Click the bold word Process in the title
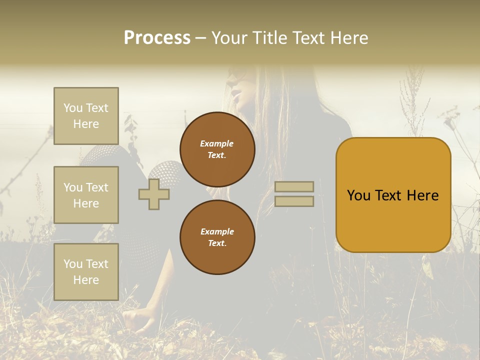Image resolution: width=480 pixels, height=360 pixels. pyautogui.click(x=157, y=37)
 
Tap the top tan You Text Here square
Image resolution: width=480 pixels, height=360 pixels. pyautogui.click(x=86, y=115)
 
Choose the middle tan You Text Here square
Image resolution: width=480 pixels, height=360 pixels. pyautogui.click(x=86, y=195)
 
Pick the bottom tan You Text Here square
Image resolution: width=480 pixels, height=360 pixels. pyautogui.click(x=86, y=272)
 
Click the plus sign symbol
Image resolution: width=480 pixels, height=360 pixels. pyautogui.click(x=154, y=194)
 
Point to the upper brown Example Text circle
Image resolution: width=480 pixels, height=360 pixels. pyautogui.click(x=217, y=149)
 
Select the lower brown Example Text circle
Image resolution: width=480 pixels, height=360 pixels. pyautogui.click(x=217, y=237)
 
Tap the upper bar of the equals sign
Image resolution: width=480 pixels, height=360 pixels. pyautogui.click(x=294, y=186)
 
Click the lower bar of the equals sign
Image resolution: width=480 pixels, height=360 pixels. pyautogui.click(x=294, y=201)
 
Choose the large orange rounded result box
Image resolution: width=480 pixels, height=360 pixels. pyautogui.click(x=393, y=195)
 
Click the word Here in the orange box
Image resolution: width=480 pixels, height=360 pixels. pyautogui.click(x=423, y=195)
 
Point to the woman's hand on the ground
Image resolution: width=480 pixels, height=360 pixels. pyautogui.click(x=139, y=319)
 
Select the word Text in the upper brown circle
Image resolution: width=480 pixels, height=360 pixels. pyautogui.click(x=216, y=155)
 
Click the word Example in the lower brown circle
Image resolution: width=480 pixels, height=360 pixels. pyautogui.click(x=217, y=231)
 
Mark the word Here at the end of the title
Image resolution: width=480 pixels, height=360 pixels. pyautogui.click(x=349, y=37)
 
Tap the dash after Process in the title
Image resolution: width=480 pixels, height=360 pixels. pyautogui.click(x=201, y=38)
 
